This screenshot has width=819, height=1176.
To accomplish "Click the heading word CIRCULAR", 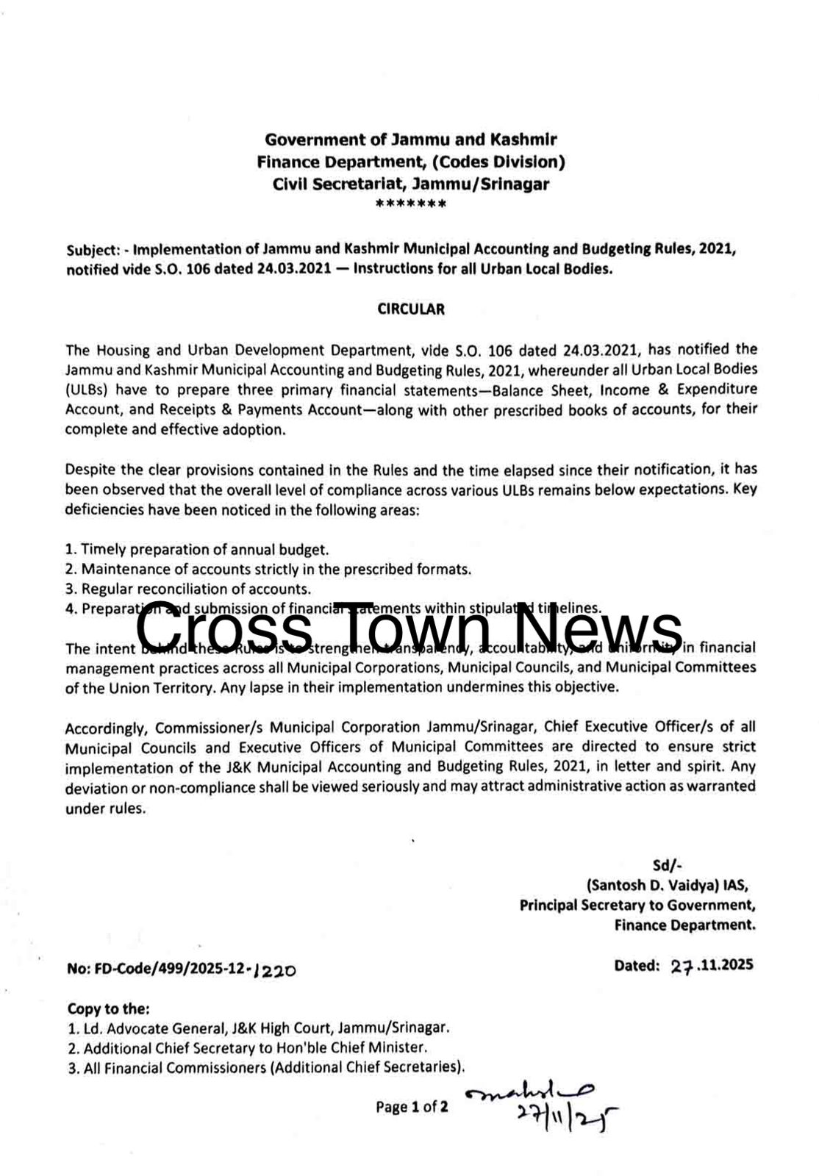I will [x=410, y=309].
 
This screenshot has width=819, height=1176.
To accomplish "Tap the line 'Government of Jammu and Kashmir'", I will [x=410, y=139].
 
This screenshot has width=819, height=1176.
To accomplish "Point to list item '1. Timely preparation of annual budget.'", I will [x=197, y=549].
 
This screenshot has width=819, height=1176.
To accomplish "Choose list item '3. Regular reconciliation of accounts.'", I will [x=188, y=589].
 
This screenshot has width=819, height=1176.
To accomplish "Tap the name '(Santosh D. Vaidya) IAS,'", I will [x=667, y=885].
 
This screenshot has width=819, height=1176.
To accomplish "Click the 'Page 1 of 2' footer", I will [x=411, y=1107].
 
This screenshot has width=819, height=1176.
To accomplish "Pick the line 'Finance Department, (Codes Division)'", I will [x=410, y=161].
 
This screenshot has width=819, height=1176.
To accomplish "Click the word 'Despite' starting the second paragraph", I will [x=86, y=469].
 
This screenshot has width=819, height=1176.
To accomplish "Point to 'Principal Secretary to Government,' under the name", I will [x=637, y=905].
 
